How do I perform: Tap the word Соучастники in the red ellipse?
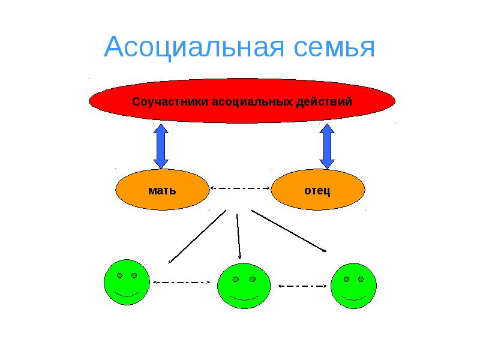point(170,101)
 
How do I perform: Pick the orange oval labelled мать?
point(162,191)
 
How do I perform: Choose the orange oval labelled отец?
point(318,191)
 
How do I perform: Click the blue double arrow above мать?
point(161,146)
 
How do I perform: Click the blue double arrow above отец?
point(327,146)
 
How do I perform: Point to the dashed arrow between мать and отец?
point(241,188)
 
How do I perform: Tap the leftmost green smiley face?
point(126,282)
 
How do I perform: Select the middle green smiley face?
point(243,286)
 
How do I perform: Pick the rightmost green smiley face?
point(354,285)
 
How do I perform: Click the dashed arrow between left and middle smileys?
point(182,282)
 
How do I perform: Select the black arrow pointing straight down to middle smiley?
point(239,236)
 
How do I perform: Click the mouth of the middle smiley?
point(243,298)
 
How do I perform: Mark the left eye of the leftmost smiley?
point(119,275)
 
